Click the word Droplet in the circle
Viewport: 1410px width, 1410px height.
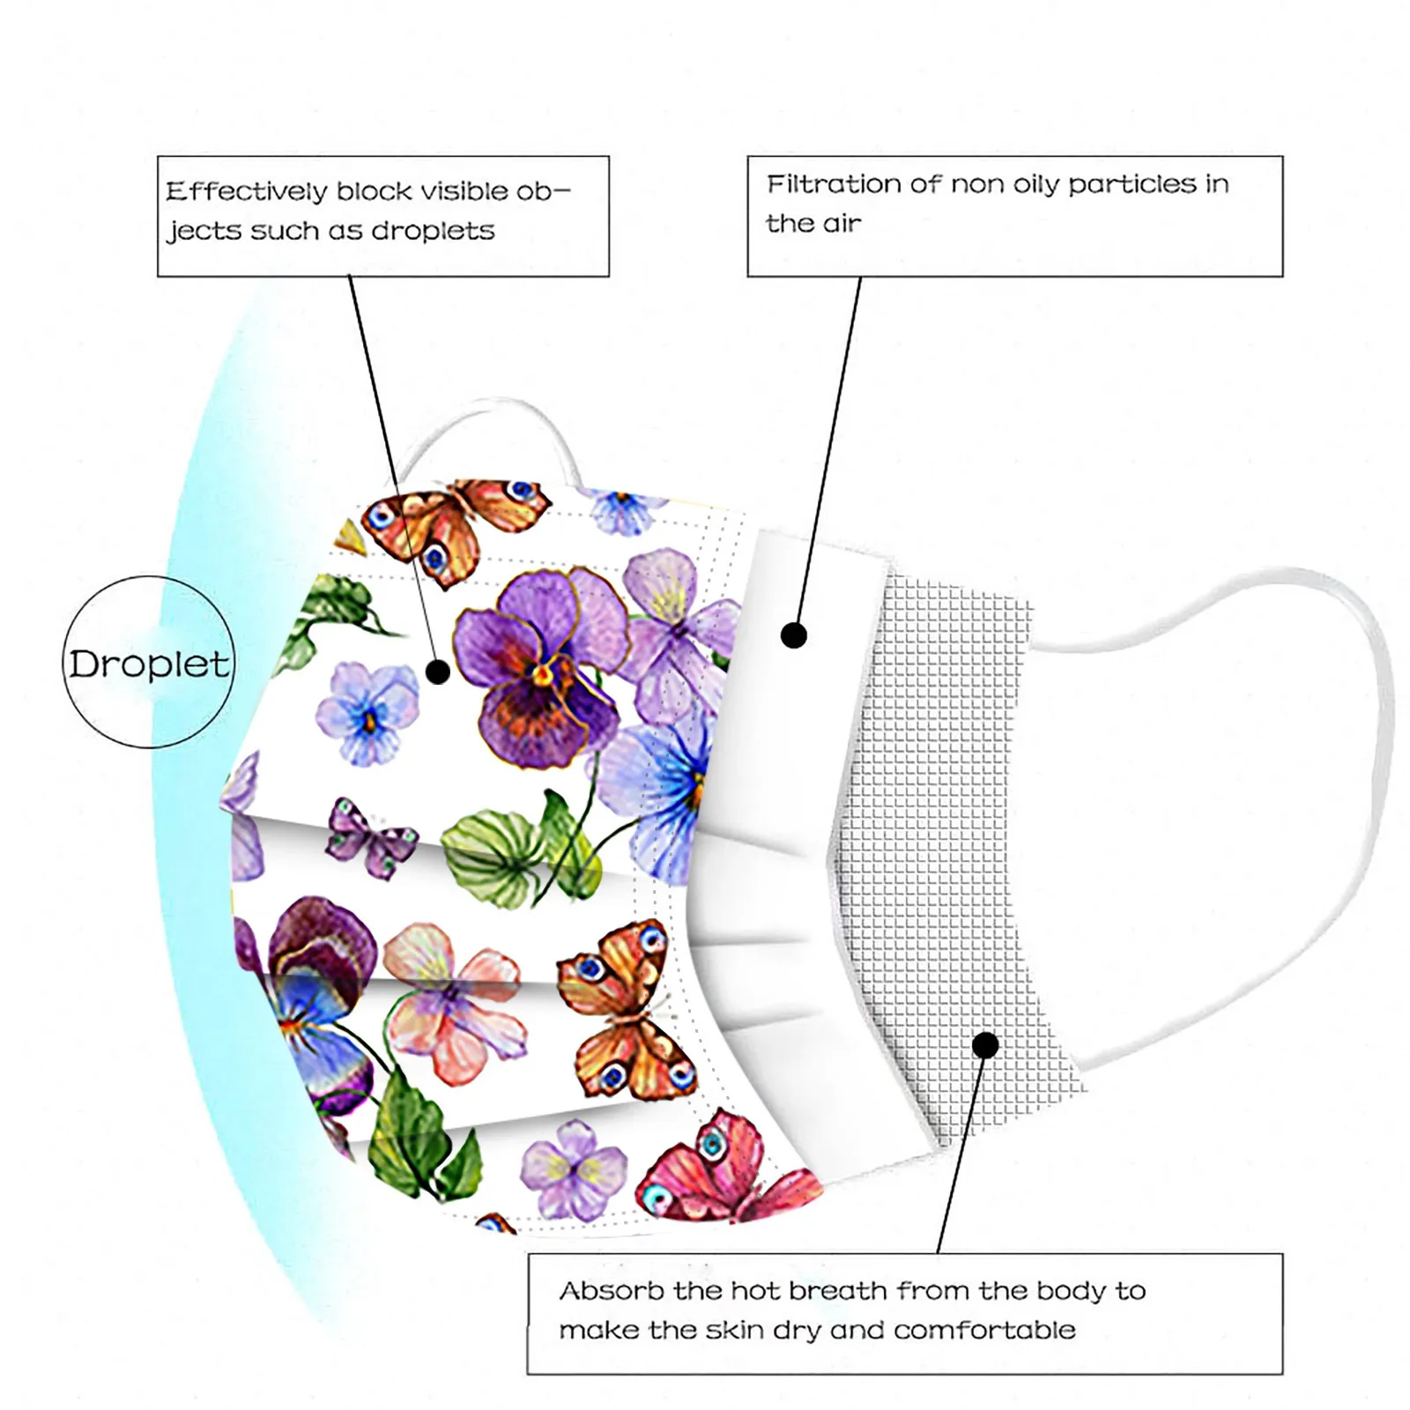149,664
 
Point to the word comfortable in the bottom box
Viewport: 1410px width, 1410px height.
984,1330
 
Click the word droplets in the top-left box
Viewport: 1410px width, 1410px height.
433,231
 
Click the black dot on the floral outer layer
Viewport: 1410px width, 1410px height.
438,672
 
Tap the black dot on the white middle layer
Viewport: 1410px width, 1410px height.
794,634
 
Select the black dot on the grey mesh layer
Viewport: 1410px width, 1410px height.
985,1045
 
